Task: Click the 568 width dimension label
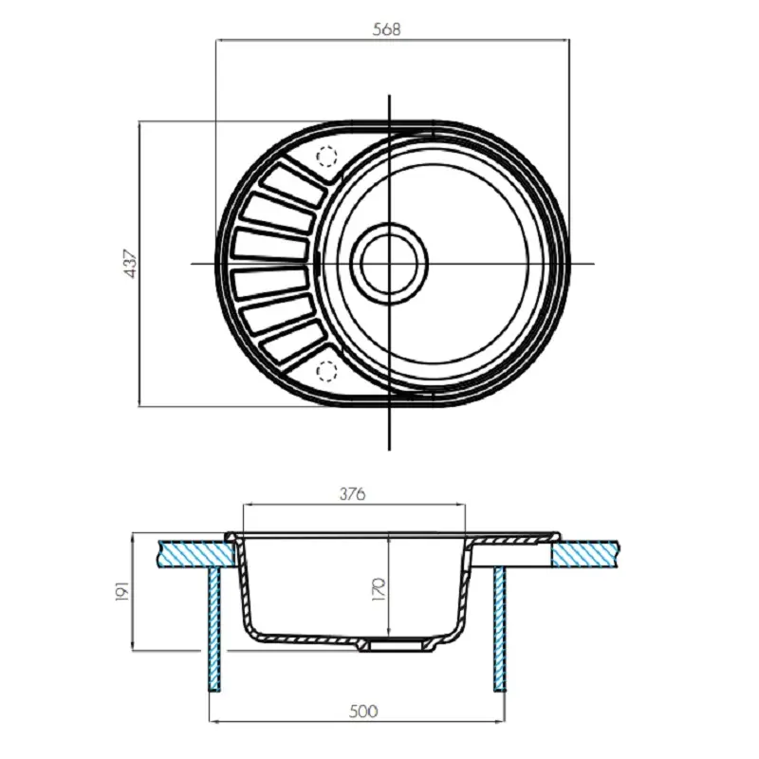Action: tap(387, 28)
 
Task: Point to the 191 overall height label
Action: tap(120, 595)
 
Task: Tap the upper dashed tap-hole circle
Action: tap(325, 157)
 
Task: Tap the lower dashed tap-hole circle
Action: tap(325, 369)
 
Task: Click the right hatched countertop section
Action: tap(588, 552)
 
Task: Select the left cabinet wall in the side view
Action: tap(213, 626)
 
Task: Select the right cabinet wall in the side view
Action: tap(499, 626)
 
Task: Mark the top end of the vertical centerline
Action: tap(390, 95)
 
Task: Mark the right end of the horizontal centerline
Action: tap(594, 263)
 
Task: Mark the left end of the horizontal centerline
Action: tap(193, 263)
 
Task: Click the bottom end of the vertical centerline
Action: tap(390, 449)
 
